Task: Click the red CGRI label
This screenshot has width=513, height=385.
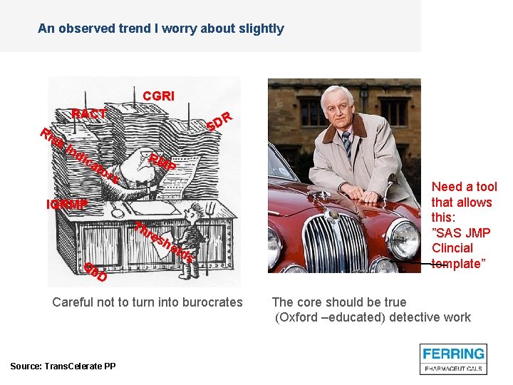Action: pyautogui.click(x=158, y=96)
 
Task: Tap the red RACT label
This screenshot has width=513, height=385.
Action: pyautogui.click(x=89, y=114)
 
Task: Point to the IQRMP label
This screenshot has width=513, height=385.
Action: pyautogui.click(x=67, y=205)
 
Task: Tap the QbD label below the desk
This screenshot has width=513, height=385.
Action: pyautogui.click(x=95, y=272)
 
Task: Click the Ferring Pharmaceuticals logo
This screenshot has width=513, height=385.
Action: pyautogui.click(x=453, y=359)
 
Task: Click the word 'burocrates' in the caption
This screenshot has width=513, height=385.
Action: pyautogui.click(x=209, y=302)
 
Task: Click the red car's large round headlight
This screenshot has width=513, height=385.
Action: pyautogui.click(x=402, y=238)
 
